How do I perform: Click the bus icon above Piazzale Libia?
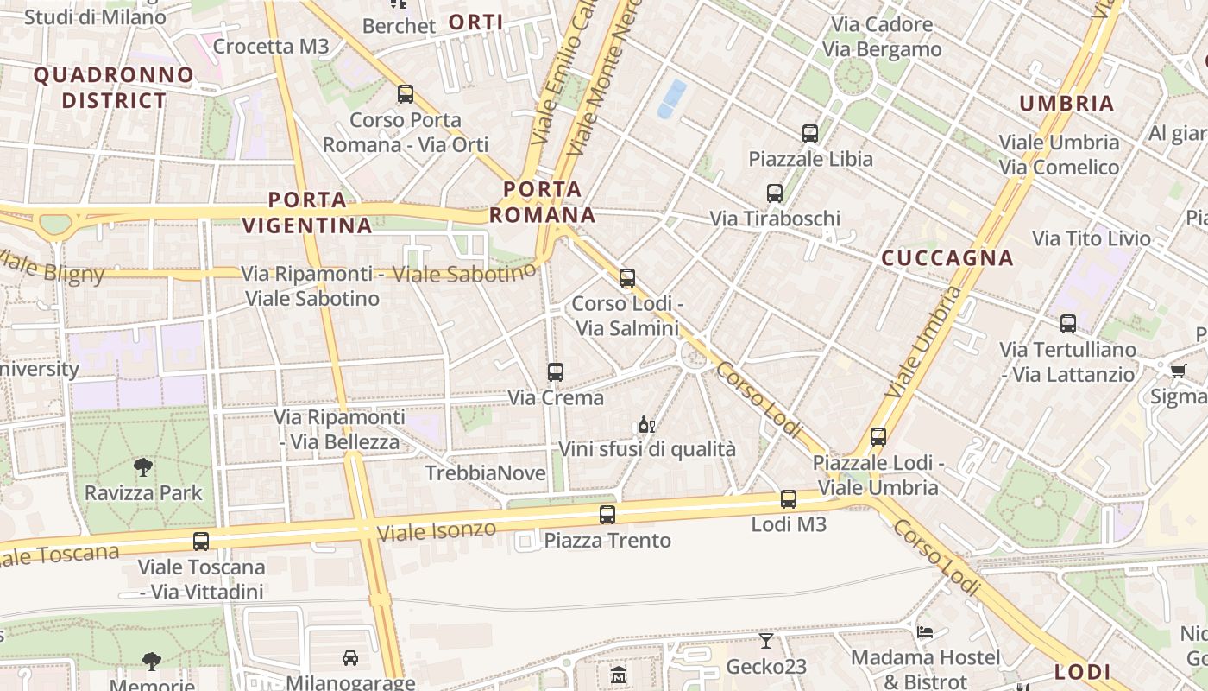pyautogui.click(x=809, y=133)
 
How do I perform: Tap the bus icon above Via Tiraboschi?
pyautogui.click(x=775, y=193)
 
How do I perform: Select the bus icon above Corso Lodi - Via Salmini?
pyautogui.click(x=627, y=277)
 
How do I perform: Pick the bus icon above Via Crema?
pyautogui.click(x=556, y=372)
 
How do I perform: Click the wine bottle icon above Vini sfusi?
pyautogui.click(x=645, y=424)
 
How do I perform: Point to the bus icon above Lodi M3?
pyautogui.click(x=788, y=498)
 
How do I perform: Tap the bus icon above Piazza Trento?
pyautogui.click(x=607, y=515)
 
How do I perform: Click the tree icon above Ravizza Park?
pyautogui.click(x=143, y=467)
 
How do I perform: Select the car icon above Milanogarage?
pyautogui.click(x=349, y=658)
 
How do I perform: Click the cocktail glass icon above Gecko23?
pyautogui.click(x=765, y=640)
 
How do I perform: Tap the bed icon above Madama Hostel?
pyautogui.click(x=925, y=631)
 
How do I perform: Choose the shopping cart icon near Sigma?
pyautogui.click(x=1178, y=371)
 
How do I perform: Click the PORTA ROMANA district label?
pyautogui.click(x=543, y=201)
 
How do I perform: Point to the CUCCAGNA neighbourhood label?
pyautogui.click(x=947, y=258)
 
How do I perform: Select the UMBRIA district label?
pyautogui.click(x=1066, y=104)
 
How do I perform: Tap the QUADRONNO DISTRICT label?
pyautogui.click(x=113, y=87)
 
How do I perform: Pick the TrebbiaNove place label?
pyautogui.click(x=486, y=473)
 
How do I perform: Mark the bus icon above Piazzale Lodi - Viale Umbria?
pyautogui.click(x=878, y=437)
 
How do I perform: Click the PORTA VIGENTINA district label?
pyautogui.click(x=307, y=212)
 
